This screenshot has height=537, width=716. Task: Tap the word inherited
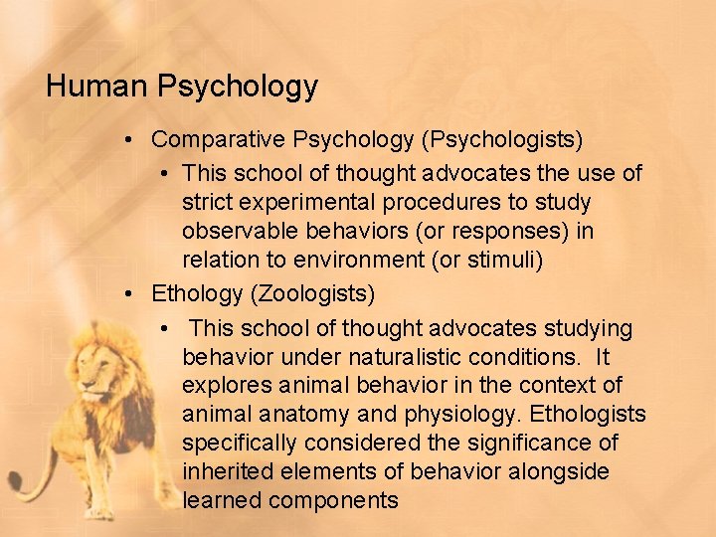pyautogui.click(x=226, y=471)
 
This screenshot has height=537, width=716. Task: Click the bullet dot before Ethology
pyautogui.click(x=129, y=294)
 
